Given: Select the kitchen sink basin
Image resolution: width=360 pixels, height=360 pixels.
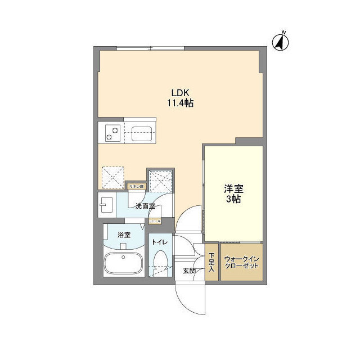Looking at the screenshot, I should tap(140, 134).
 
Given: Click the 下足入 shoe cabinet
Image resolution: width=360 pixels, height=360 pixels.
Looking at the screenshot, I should tap(211, 262).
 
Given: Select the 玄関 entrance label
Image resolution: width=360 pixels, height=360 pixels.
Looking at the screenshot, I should tap(189, 271).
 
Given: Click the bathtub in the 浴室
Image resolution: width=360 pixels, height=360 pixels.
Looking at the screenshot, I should tap(124, 264).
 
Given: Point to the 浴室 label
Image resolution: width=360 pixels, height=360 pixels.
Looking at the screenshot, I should tap(124, 235).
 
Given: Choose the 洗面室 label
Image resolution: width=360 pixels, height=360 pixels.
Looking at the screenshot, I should tap(145, 206).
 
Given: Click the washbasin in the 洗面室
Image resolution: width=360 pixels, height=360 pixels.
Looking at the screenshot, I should tap(106, 205).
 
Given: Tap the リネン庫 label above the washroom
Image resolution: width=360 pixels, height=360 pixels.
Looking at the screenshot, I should tap(137, 186).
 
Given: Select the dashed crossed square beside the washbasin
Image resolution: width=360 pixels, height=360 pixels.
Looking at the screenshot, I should tap(112, 178).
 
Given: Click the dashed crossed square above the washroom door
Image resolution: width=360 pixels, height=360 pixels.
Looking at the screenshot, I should tap(160, 179).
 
